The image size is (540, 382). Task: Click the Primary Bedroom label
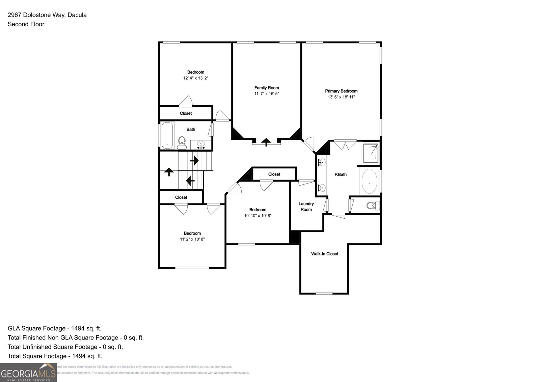click(x=341, y=91)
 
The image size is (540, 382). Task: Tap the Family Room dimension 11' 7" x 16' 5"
click(x=267, y=93)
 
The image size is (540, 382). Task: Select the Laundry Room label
click(x=306, y=207)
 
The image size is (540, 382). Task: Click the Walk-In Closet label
click(x=324, y=254)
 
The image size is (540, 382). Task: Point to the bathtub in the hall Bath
click(x=167, y=135)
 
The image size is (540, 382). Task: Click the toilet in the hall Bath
click(x=182, y=143)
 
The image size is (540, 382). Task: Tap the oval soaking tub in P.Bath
click(x=370, y=182)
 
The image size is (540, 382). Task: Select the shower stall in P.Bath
click(x=371, y=153)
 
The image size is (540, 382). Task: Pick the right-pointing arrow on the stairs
click(x=194, y=161)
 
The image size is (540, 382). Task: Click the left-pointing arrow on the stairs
click(x=190, y=181)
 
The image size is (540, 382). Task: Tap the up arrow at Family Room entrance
click(x=266, y=142)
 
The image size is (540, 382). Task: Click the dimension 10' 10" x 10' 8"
click(x=258, y=215)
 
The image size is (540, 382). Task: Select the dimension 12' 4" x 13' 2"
click(x=196, y=78)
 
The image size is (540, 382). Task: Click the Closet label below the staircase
click(x=181, y=197)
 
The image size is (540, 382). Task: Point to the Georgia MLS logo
click(x=28, y=373)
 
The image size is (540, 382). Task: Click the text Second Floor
click(x=26, y=24)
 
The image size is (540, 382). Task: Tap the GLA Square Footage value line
click(x=54, y=328)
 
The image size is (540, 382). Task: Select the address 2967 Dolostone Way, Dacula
click(x=47, y=15)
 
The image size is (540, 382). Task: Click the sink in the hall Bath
click(x=201, y=145)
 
